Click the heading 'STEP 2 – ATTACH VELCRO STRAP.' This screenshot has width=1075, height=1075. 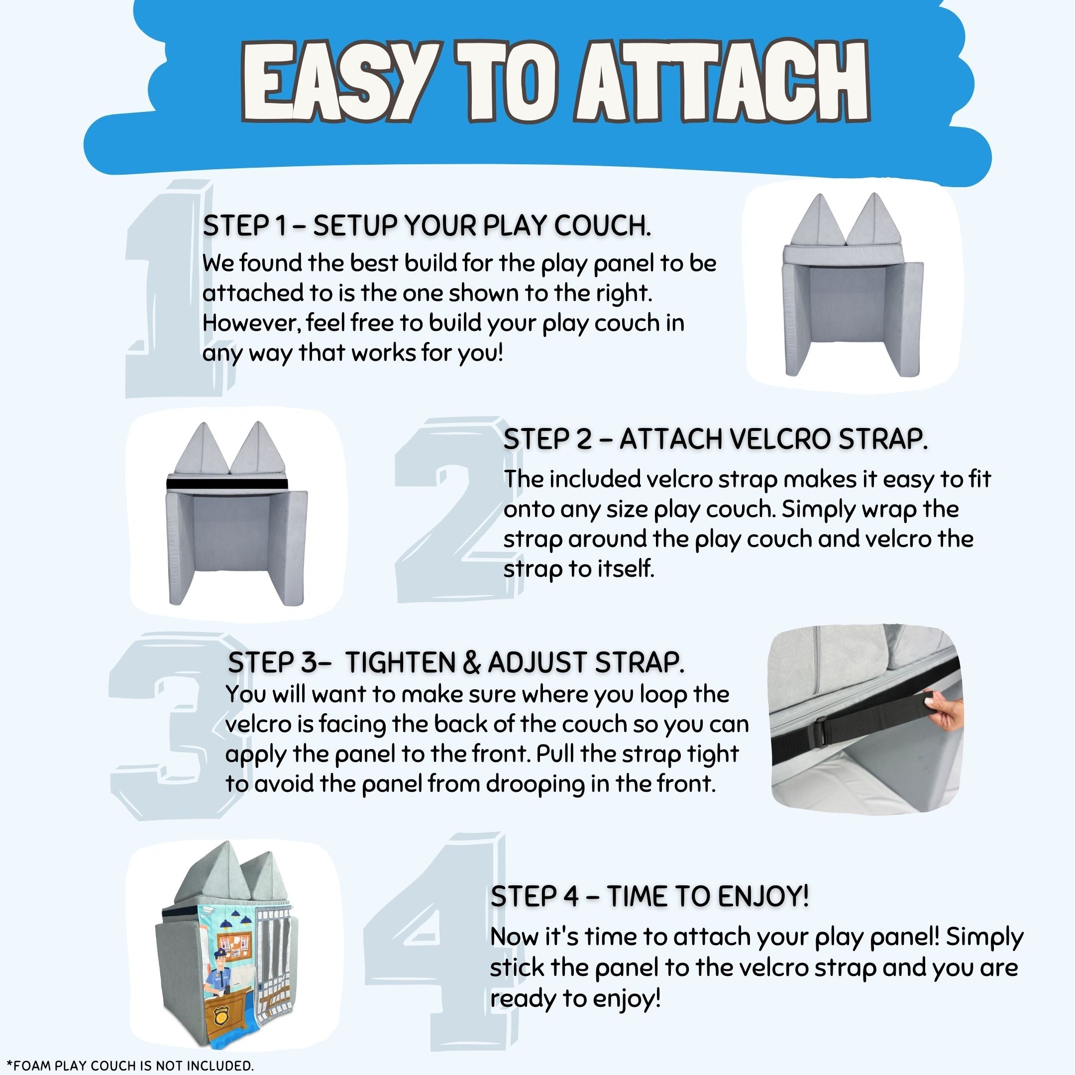(715, 439)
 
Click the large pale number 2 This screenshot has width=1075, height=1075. (456, 509)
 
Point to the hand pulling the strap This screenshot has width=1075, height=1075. (945, 713)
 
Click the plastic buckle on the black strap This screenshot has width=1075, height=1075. (827, 730)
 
